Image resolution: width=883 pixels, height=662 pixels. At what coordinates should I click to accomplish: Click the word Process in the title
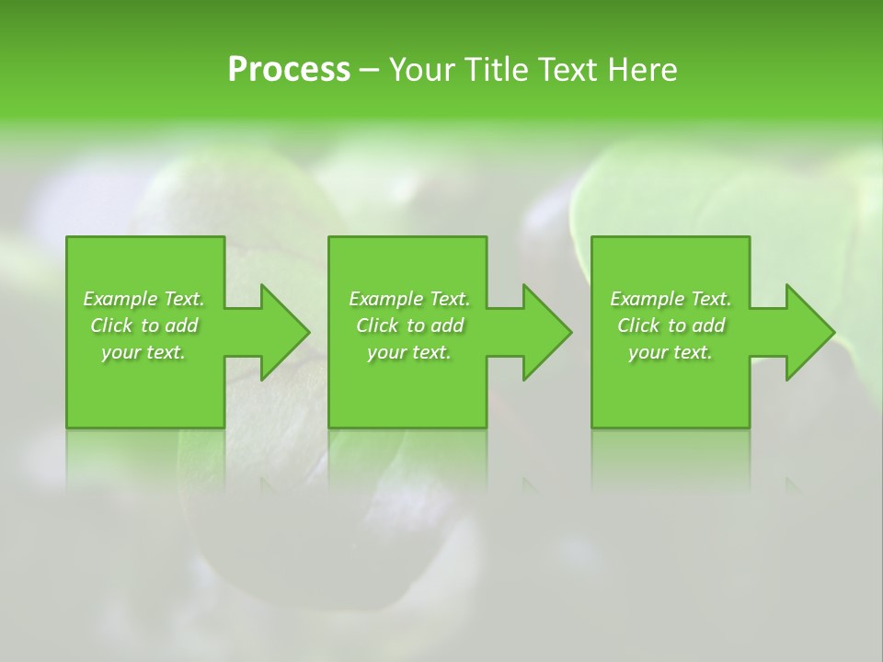(289, 70)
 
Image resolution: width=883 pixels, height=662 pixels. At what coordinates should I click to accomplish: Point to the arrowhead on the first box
(281, 332)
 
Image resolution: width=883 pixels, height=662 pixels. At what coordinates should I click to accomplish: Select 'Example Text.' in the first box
(143, 299)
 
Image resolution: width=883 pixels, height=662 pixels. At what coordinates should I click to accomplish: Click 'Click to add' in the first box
(143, 325)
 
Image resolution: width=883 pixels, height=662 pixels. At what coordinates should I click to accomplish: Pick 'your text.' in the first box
(143, 352)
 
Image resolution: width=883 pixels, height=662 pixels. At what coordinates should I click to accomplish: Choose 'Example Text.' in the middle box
(409, 299)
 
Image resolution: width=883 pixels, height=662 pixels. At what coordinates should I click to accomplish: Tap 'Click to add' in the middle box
(409, 325)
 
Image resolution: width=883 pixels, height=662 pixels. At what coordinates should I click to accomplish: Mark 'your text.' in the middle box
(409, 352)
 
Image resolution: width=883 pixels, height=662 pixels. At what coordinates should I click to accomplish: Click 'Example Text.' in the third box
(671, 299)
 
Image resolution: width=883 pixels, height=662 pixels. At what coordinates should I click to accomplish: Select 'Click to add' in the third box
(671, 325)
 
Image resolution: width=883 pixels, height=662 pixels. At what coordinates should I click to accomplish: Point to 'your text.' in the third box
(671, 352)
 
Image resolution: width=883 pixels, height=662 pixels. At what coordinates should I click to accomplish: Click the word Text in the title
(568, 70)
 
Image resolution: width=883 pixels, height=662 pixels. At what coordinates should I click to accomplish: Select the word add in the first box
(181, 325)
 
